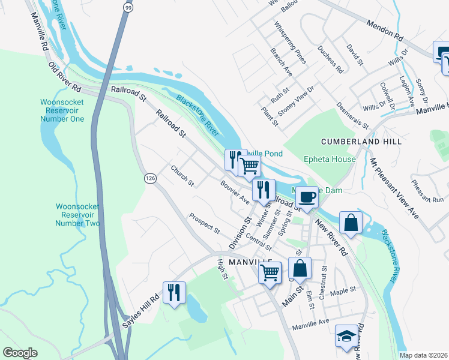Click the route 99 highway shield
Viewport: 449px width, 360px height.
(128, 7)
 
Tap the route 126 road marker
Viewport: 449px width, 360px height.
(150, 178)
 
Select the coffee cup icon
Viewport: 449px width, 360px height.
(306, 197)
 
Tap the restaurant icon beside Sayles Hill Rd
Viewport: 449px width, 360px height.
(174, 293)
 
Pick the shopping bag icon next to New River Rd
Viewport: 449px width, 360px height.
(351, 223)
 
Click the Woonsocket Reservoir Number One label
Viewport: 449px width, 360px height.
(62, 110)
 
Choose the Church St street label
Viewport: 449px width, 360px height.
(182, 175)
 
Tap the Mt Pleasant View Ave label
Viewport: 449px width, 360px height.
(394, 188)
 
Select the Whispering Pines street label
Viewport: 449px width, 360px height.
(290, 43)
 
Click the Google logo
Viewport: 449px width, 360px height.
(20, 353)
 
